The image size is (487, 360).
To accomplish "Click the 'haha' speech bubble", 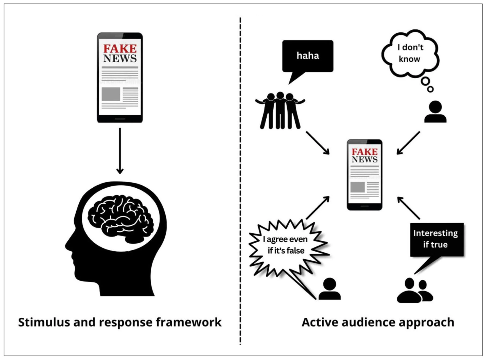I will [308, 56].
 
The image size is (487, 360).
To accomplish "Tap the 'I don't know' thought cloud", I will [410, 53].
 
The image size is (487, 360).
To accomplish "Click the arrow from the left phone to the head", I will [120, 151].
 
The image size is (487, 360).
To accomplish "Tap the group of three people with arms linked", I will [280, 111].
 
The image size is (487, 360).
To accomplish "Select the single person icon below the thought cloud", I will [435, 112].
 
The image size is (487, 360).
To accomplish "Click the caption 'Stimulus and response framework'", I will [120, 322].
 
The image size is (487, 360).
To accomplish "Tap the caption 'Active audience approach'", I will [378, 322].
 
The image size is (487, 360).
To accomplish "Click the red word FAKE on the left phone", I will [120, 48].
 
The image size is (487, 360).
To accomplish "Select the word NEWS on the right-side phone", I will [364, 159].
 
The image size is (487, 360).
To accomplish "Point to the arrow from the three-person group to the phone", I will [318, 143].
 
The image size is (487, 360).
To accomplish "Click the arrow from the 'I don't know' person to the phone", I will [408, 143].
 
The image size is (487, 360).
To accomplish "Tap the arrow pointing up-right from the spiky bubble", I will [318, 208].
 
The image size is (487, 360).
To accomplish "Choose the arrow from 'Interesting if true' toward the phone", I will [408, 208].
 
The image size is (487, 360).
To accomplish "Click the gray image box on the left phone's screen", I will [111, 94].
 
